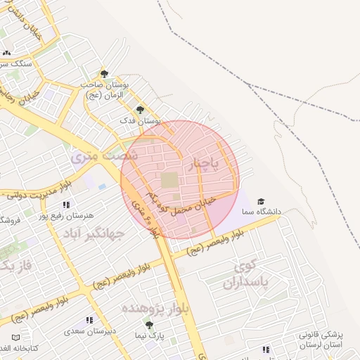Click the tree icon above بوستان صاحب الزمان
tap(104, 73)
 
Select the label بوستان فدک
tap(140, 121)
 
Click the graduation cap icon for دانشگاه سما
tap(261, 201)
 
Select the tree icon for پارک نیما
tap(148, 323)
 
